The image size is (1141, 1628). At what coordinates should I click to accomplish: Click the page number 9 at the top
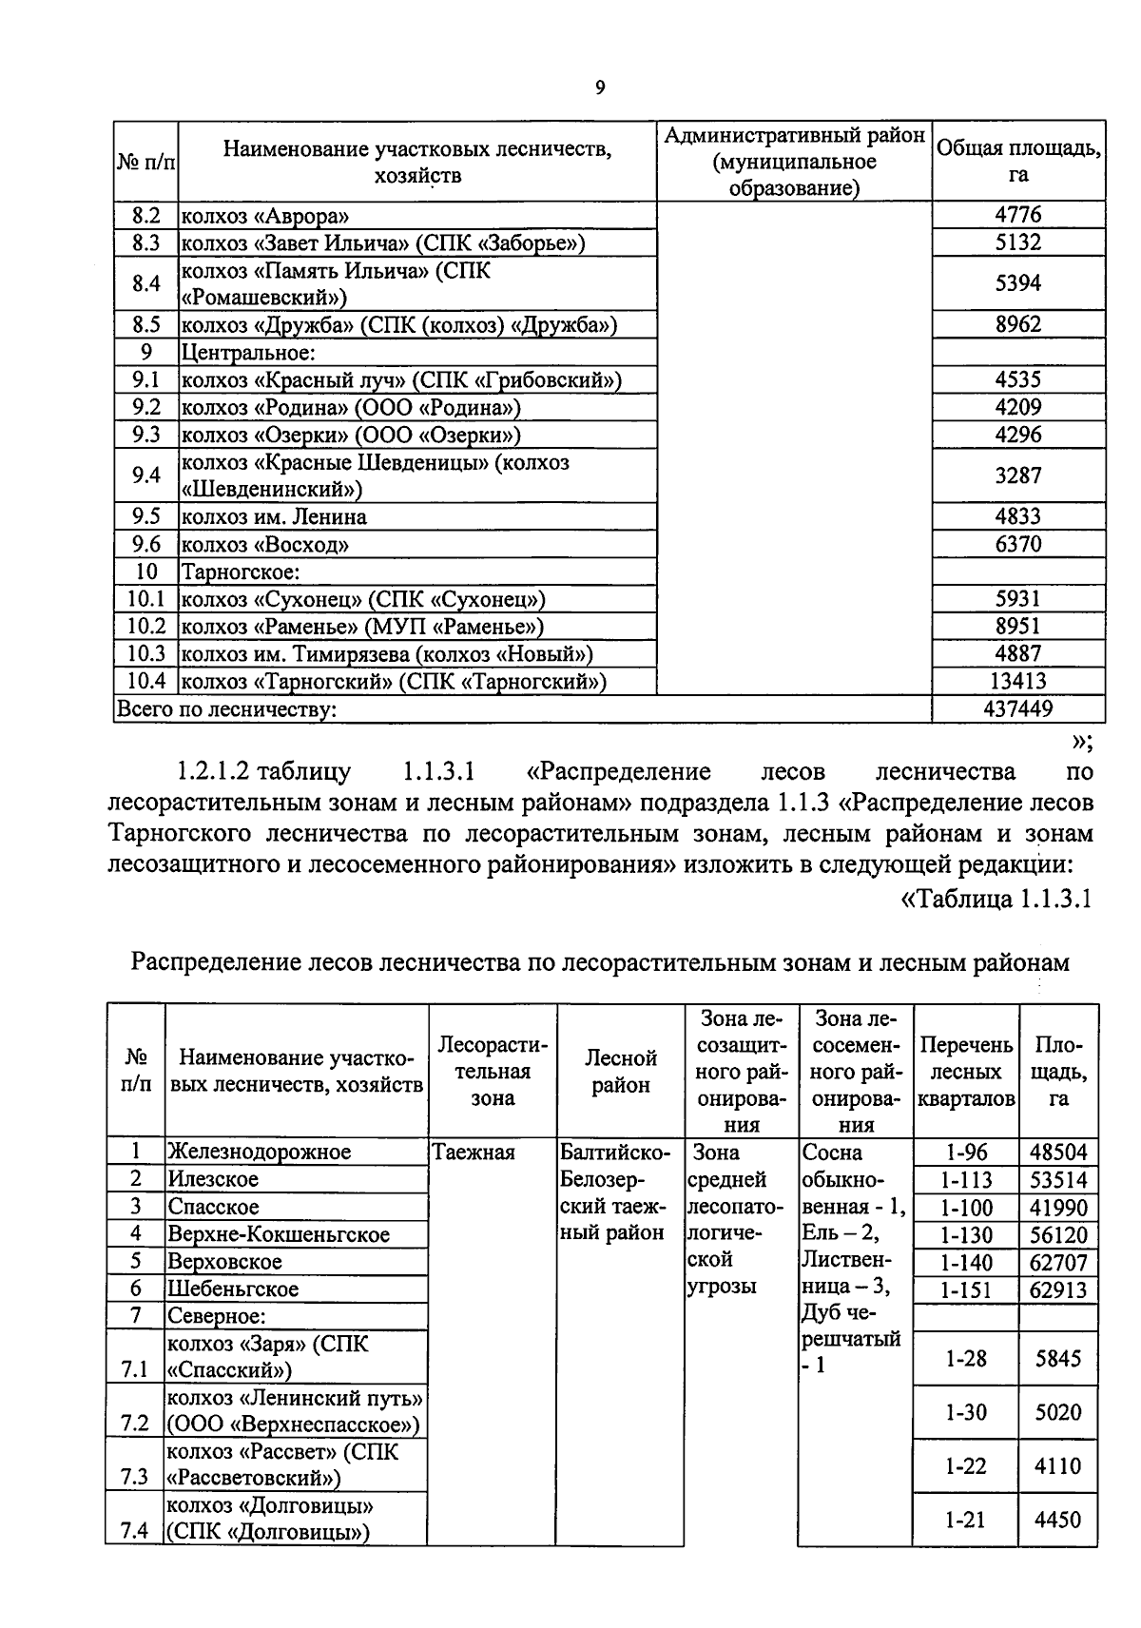tap(599, 88)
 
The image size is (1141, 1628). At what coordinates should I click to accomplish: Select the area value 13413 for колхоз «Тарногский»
tap(1018, 681)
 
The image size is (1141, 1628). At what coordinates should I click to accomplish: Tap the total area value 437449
tap(1018, 708)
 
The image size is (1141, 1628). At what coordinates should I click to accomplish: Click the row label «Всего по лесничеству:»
tap(226, 709)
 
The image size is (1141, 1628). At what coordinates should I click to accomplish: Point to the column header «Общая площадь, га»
tap(1018, 161)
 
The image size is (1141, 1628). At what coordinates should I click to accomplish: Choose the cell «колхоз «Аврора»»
tap(259, 216)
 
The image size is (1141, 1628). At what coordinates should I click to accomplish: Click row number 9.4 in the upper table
tap(145, 475)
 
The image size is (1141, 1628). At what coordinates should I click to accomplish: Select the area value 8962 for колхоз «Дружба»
tap(1018, 324)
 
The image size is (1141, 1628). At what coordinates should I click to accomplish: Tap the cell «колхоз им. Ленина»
tap(274, 517)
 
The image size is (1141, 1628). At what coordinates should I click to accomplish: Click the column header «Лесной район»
tap(620, 1072)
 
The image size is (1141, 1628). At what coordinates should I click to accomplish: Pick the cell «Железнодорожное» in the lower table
tap(260, 1153)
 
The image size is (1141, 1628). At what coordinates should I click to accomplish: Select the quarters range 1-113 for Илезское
tap(966, 1181)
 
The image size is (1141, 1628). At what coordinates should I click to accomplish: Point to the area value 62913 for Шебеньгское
tap(1058, 1290)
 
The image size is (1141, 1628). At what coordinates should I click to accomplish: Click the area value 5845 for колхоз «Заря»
tap(1058, 1359)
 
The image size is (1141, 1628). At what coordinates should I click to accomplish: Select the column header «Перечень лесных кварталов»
tap(966, 1072)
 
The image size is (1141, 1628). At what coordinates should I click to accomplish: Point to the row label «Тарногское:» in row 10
tap(241, 572)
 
